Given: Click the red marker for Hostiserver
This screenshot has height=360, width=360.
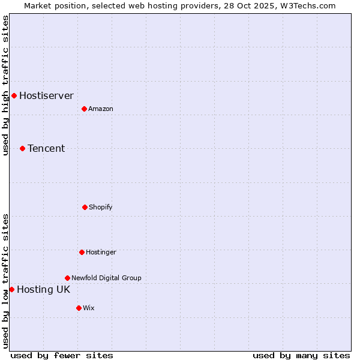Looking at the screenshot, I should tap(14, 95).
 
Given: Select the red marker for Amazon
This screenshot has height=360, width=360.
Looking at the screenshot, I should tap(84, 109).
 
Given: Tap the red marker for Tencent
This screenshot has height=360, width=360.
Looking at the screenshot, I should tap(22, 148).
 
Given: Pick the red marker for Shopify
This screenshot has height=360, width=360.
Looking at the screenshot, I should tap(85, 207).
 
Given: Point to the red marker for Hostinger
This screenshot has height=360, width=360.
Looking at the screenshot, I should tap(82, 252).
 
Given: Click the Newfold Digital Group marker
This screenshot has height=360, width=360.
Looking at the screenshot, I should tap(67, 278).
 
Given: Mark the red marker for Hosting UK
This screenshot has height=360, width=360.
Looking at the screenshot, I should tap(11, 289).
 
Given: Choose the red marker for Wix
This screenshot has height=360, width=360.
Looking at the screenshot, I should tap(79, 308).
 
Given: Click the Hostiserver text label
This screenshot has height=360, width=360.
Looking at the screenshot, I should tap(46, 95).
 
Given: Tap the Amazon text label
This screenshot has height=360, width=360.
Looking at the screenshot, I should tap(101, 109).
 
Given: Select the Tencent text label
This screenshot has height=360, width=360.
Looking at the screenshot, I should tap(46, 148).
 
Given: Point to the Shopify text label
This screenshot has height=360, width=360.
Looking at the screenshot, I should tap(101, 207).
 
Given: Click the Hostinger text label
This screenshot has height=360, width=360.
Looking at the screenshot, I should tap(101, 252).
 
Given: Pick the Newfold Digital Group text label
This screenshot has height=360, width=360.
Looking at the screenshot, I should tap(106, 278).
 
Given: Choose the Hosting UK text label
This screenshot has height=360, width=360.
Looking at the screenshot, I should tap(43, 289).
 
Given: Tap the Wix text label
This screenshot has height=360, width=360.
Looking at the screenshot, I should tap(89, 308).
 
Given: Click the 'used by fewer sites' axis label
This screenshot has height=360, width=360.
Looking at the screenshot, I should tap(62, 355).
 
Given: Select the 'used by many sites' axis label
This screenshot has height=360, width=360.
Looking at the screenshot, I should tap(301, 355).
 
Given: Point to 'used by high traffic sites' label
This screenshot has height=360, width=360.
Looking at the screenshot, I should tap(5, 85).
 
